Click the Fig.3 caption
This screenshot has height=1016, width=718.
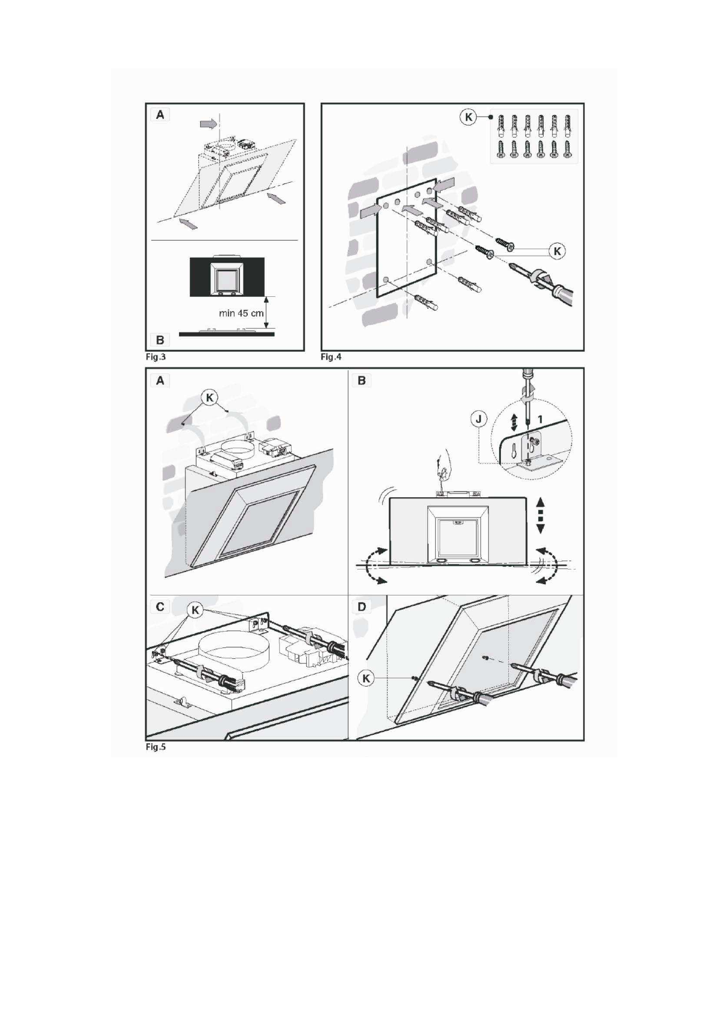tap(156, 357)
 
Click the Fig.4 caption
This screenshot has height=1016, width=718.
tap(331, 357)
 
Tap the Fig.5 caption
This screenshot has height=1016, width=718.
tap(156, 747)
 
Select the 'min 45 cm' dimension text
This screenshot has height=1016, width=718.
tap(241, 314)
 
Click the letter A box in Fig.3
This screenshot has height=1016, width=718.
tap(160, 115)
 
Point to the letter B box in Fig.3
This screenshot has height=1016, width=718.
tap(160, 340)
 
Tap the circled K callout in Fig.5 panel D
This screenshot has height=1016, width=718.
tap(367, 678)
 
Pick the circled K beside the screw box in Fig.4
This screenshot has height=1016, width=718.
tap(468, 117)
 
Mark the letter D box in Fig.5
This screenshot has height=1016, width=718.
tap(362, 606)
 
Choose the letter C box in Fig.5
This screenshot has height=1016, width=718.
tap(160, 606)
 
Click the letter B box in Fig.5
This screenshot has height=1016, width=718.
tap(362, 381)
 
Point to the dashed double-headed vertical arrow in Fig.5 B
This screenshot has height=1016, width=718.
tap(540, 514)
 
